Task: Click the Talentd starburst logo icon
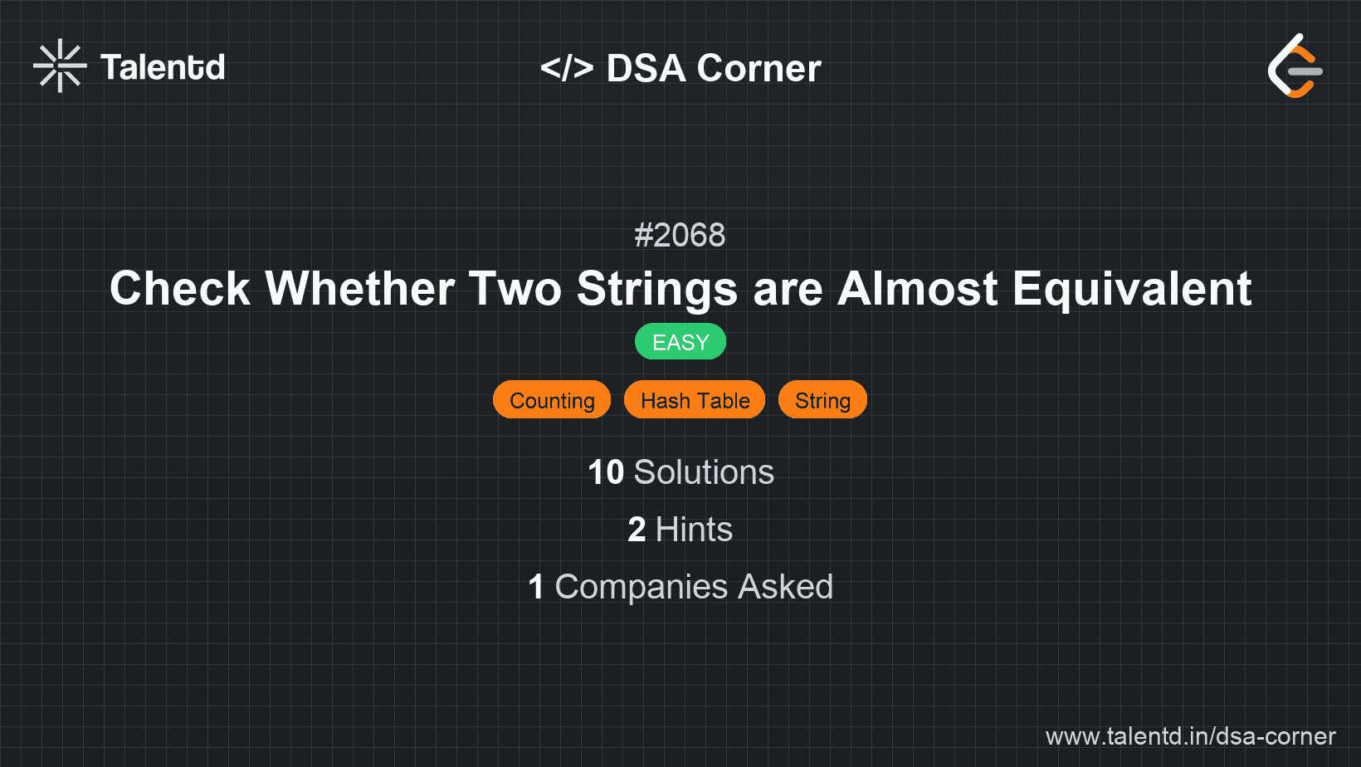(x=60, y=66)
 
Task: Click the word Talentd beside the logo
(x=163, y=67)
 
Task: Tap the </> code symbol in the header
(x=567, y=68)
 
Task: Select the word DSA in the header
(x=646, y=68)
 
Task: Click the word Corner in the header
(x=759, y=68)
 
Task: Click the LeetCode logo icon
(x=1295, y=66)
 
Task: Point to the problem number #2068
(x=680, y=236)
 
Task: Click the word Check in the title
(x=180, y=289)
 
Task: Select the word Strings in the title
(x=657, y=289)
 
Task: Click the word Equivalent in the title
(x=1132, y=289)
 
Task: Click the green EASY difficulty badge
(x=680, y=342)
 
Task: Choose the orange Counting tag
(x=552, y=400)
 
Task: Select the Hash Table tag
(x=695, y=400)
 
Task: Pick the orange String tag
(x=822, y=400)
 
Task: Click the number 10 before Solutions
(x=605, y=472)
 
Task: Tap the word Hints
(x=694, y=530)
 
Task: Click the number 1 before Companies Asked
(x=536, y=587)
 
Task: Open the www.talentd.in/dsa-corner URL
(x=1190, y=736)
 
